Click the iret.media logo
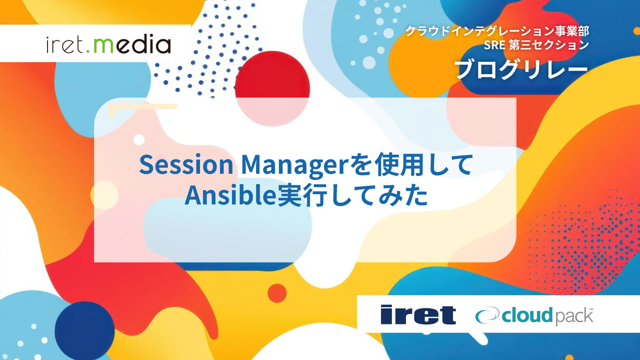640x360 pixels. coord(108,44)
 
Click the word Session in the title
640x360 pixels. coord(186,165)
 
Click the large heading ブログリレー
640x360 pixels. coord(521,69)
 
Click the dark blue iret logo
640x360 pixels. coord(418,315)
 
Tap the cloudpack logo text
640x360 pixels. coord(547,316)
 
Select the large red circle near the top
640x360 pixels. coord(272,88)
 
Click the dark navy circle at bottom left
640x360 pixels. coord(84,331)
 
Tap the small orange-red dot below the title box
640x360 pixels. coord(277,293)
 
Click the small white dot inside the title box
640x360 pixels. coord(139,140)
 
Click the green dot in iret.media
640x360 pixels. coord(88,51)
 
